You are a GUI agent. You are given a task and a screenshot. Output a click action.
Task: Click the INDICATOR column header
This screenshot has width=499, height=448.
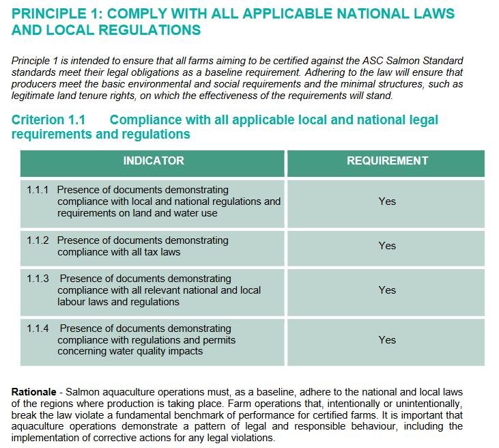pos(154,161)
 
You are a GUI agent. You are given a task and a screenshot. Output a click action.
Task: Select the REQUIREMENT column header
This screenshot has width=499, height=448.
pos(387,161)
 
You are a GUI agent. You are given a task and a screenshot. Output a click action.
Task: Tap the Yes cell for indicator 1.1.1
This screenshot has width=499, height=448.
pos(387,201)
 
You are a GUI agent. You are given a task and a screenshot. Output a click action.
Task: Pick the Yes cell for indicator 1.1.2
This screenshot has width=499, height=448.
pos(387,246)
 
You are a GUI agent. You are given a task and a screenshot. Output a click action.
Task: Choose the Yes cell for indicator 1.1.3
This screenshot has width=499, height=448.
pos(387,290)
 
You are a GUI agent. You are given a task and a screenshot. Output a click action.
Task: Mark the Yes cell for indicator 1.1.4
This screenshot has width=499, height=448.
pos(387,339)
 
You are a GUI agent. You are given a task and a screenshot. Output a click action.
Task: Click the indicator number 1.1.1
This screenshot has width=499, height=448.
pos(38,190)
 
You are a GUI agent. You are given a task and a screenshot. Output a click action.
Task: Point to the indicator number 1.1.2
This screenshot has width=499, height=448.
pos(38,240)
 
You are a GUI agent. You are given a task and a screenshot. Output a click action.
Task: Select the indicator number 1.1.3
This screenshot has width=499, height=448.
pos(38,279)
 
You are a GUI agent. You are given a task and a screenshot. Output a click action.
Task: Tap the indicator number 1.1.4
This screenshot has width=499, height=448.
pos(38,328)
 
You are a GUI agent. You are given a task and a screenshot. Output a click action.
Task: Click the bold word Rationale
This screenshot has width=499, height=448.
pos(33,392)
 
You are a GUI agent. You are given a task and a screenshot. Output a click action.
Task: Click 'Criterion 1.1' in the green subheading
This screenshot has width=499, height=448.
pos(48,120)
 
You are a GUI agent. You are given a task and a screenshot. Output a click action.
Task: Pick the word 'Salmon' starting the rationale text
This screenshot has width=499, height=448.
pos(81,392)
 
